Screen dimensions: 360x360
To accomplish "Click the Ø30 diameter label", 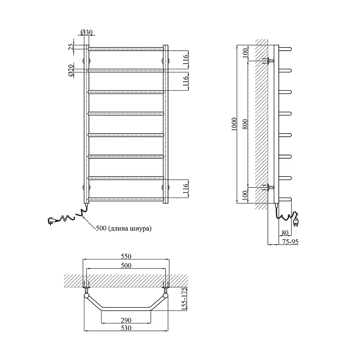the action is (86, 32).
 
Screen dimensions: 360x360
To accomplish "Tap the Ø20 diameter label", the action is (71, 70).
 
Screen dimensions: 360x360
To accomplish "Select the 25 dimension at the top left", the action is (71, 47).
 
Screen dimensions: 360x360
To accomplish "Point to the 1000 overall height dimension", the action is (234, 124).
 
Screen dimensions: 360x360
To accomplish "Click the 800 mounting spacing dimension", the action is (245, 124).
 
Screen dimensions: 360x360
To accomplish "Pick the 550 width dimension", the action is (126, 256).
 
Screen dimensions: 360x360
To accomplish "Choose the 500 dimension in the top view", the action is (126, 265).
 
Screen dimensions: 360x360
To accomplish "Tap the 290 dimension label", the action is (126, 320).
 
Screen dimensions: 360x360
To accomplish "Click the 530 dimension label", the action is (126, 328).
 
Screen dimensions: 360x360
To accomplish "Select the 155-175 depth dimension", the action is (184, 299).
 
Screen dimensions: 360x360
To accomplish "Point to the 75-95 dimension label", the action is (290, 242).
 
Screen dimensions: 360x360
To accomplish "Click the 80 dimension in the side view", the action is (285, 233).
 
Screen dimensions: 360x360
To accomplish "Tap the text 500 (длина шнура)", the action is (124, 228).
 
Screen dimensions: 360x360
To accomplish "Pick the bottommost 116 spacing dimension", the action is (186, 188).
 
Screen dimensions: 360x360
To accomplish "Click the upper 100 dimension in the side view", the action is (245, 53).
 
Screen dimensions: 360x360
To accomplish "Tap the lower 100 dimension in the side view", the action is (245, 195).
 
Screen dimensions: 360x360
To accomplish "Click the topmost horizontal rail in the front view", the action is (126, 49).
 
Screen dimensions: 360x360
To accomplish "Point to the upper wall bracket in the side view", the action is (268, 61).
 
